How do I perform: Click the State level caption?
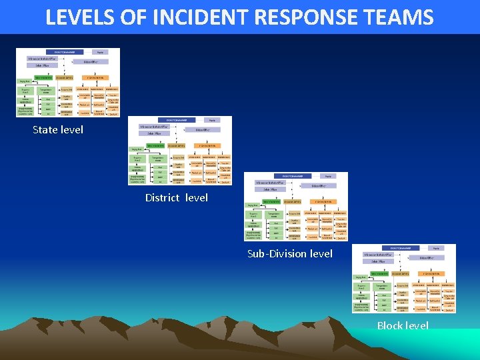click(x=58, y=129)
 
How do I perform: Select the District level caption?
click(x=177, y=197)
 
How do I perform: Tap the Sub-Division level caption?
click(x=289, y=253)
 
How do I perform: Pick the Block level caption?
click(x=403, y=325)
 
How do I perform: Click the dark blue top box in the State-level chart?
click(x=64, y=51)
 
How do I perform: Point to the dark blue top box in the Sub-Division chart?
click(x=292, y=176)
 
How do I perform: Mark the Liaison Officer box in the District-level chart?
click(x=203, y=130)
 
